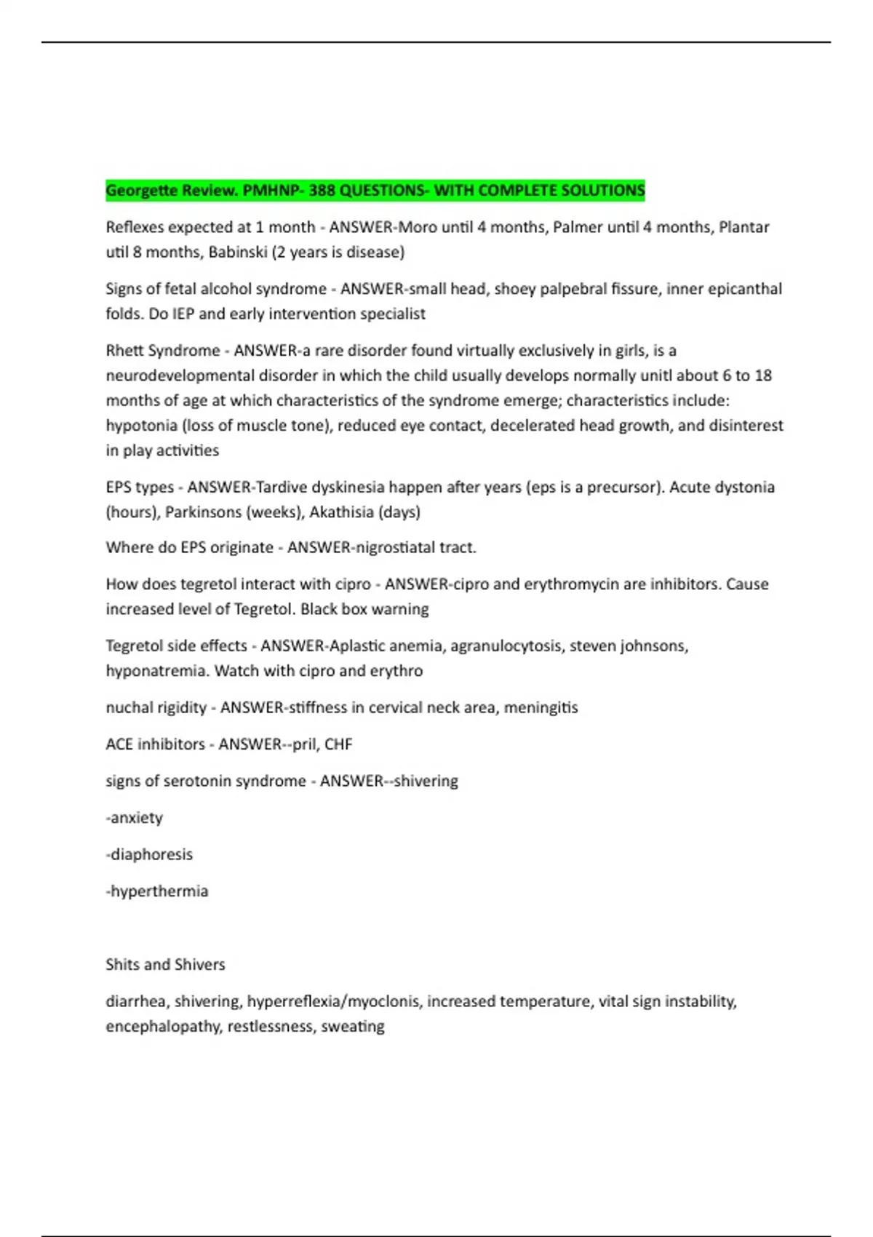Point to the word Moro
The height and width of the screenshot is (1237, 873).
(x=418, y=227)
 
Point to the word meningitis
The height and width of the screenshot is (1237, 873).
(x=541, y=707)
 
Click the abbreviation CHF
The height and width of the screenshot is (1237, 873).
(x=338, y=744)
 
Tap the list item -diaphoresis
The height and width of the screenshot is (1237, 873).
(x=149, y=854)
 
